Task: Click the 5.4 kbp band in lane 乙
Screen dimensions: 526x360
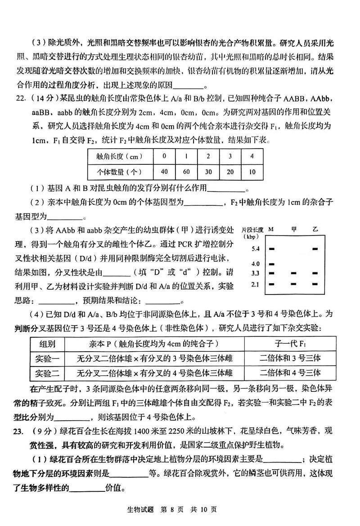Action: tap(315, 248)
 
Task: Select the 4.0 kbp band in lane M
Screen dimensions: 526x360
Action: tap(271, 263)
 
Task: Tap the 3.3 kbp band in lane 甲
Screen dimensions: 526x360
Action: tap(293, 273)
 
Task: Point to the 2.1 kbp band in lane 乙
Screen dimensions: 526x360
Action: tap(315, 284)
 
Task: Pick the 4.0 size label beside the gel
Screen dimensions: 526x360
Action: tap(255, 263)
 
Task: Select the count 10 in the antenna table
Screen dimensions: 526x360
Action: tap(252, 172)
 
